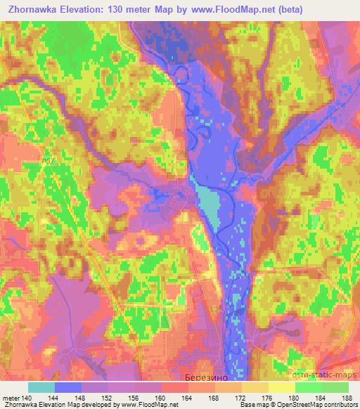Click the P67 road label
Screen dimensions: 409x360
coord(47,161)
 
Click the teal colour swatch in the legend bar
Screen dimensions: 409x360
coord(41,387)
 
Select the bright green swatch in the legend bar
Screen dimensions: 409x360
coord(309,387)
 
